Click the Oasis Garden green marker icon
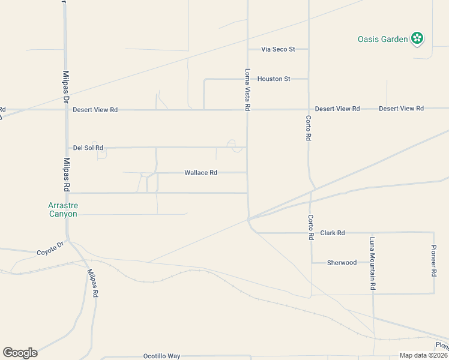click(417, 40)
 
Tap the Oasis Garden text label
click(382, 40)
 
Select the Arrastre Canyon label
click(63, 209)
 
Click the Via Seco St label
click(278, 49)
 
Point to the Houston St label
click(274, 79)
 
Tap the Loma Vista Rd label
click(247, 89)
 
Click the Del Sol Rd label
click(88, 148)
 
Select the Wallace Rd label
click(200, 173)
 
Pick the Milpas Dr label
click(66, 88)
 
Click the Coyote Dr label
click(50, 248)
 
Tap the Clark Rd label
click(333, 233)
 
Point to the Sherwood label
click(342, 263)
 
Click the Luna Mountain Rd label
click(373, 263)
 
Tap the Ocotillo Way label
click(161, 356)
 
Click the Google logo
click(20, 353)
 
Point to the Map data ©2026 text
click(423, 355)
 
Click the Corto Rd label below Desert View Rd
click(308, 128)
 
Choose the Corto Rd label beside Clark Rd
click(311, 227)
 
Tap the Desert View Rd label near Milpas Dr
click(95, 110)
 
